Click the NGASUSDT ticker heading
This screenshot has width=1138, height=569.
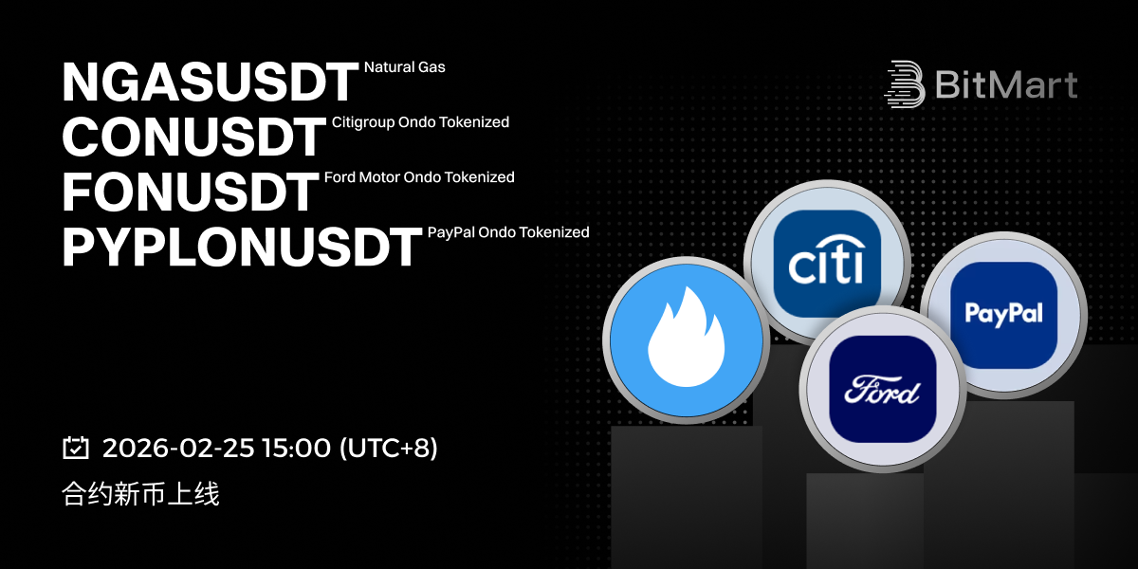coord(211,82)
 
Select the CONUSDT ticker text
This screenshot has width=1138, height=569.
coord(194,137)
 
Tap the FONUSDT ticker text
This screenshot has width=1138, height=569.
coord(191,192)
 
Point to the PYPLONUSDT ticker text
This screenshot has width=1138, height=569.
coord(242,247)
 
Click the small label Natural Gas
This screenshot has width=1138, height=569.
coord(404,67)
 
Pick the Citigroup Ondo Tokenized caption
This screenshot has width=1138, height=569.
coord(420,122)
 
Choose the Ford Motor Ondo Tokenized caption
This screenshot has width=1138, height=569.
coord(419,177)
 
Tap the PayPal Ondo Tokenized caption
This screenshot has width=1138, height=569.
coord(508,232)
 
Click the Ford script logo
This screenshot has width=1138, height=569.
coord(882,390)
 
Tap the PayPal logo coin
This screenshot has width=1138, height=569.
coord(1004,315)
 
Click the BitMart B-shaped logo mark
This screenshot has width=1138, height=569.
coord(905,84)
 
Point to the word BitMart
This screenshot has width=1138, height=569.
coord(1006,84)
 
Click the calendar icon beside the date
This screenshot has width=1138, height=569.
coord(76,448)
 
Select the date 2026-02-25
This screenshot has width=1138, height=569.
coord(178,448)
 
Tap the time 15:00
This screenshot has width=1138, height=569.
coord(296,448)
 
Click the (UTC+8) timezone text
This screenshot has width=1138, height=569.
coord(389,448)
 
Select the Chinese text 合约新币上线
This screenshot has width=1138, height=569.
coord(140,494)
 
